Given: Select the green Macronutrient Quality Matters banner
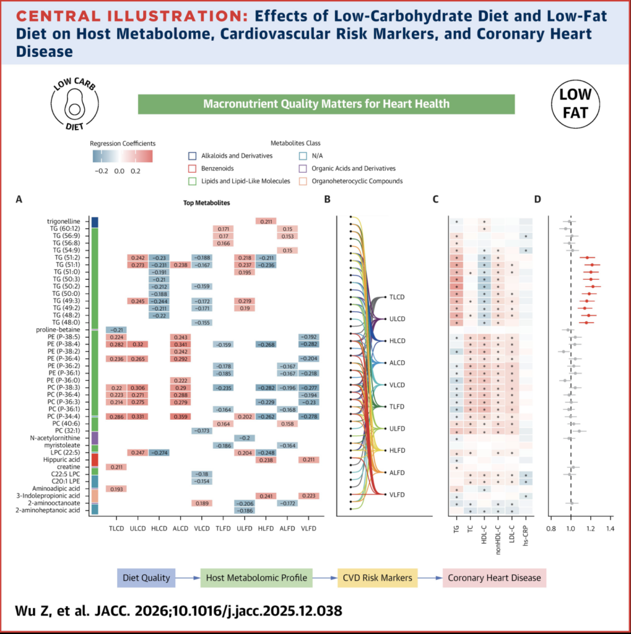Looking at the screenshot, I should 326,103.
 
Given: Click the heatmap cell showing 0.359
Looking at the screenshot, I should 180,417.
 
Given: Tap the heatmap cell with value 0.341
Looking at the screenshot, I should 180,344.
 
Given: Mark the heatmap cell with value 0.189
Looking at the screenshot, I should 201,503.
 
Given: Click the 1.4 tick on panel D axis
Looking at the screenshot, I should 610,529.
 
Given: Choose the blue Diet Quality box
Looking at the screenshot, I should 147,578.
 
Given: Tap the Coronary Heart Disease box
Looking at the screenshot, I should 495,578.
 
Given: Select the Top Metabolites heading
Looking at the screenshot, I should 207,202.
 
